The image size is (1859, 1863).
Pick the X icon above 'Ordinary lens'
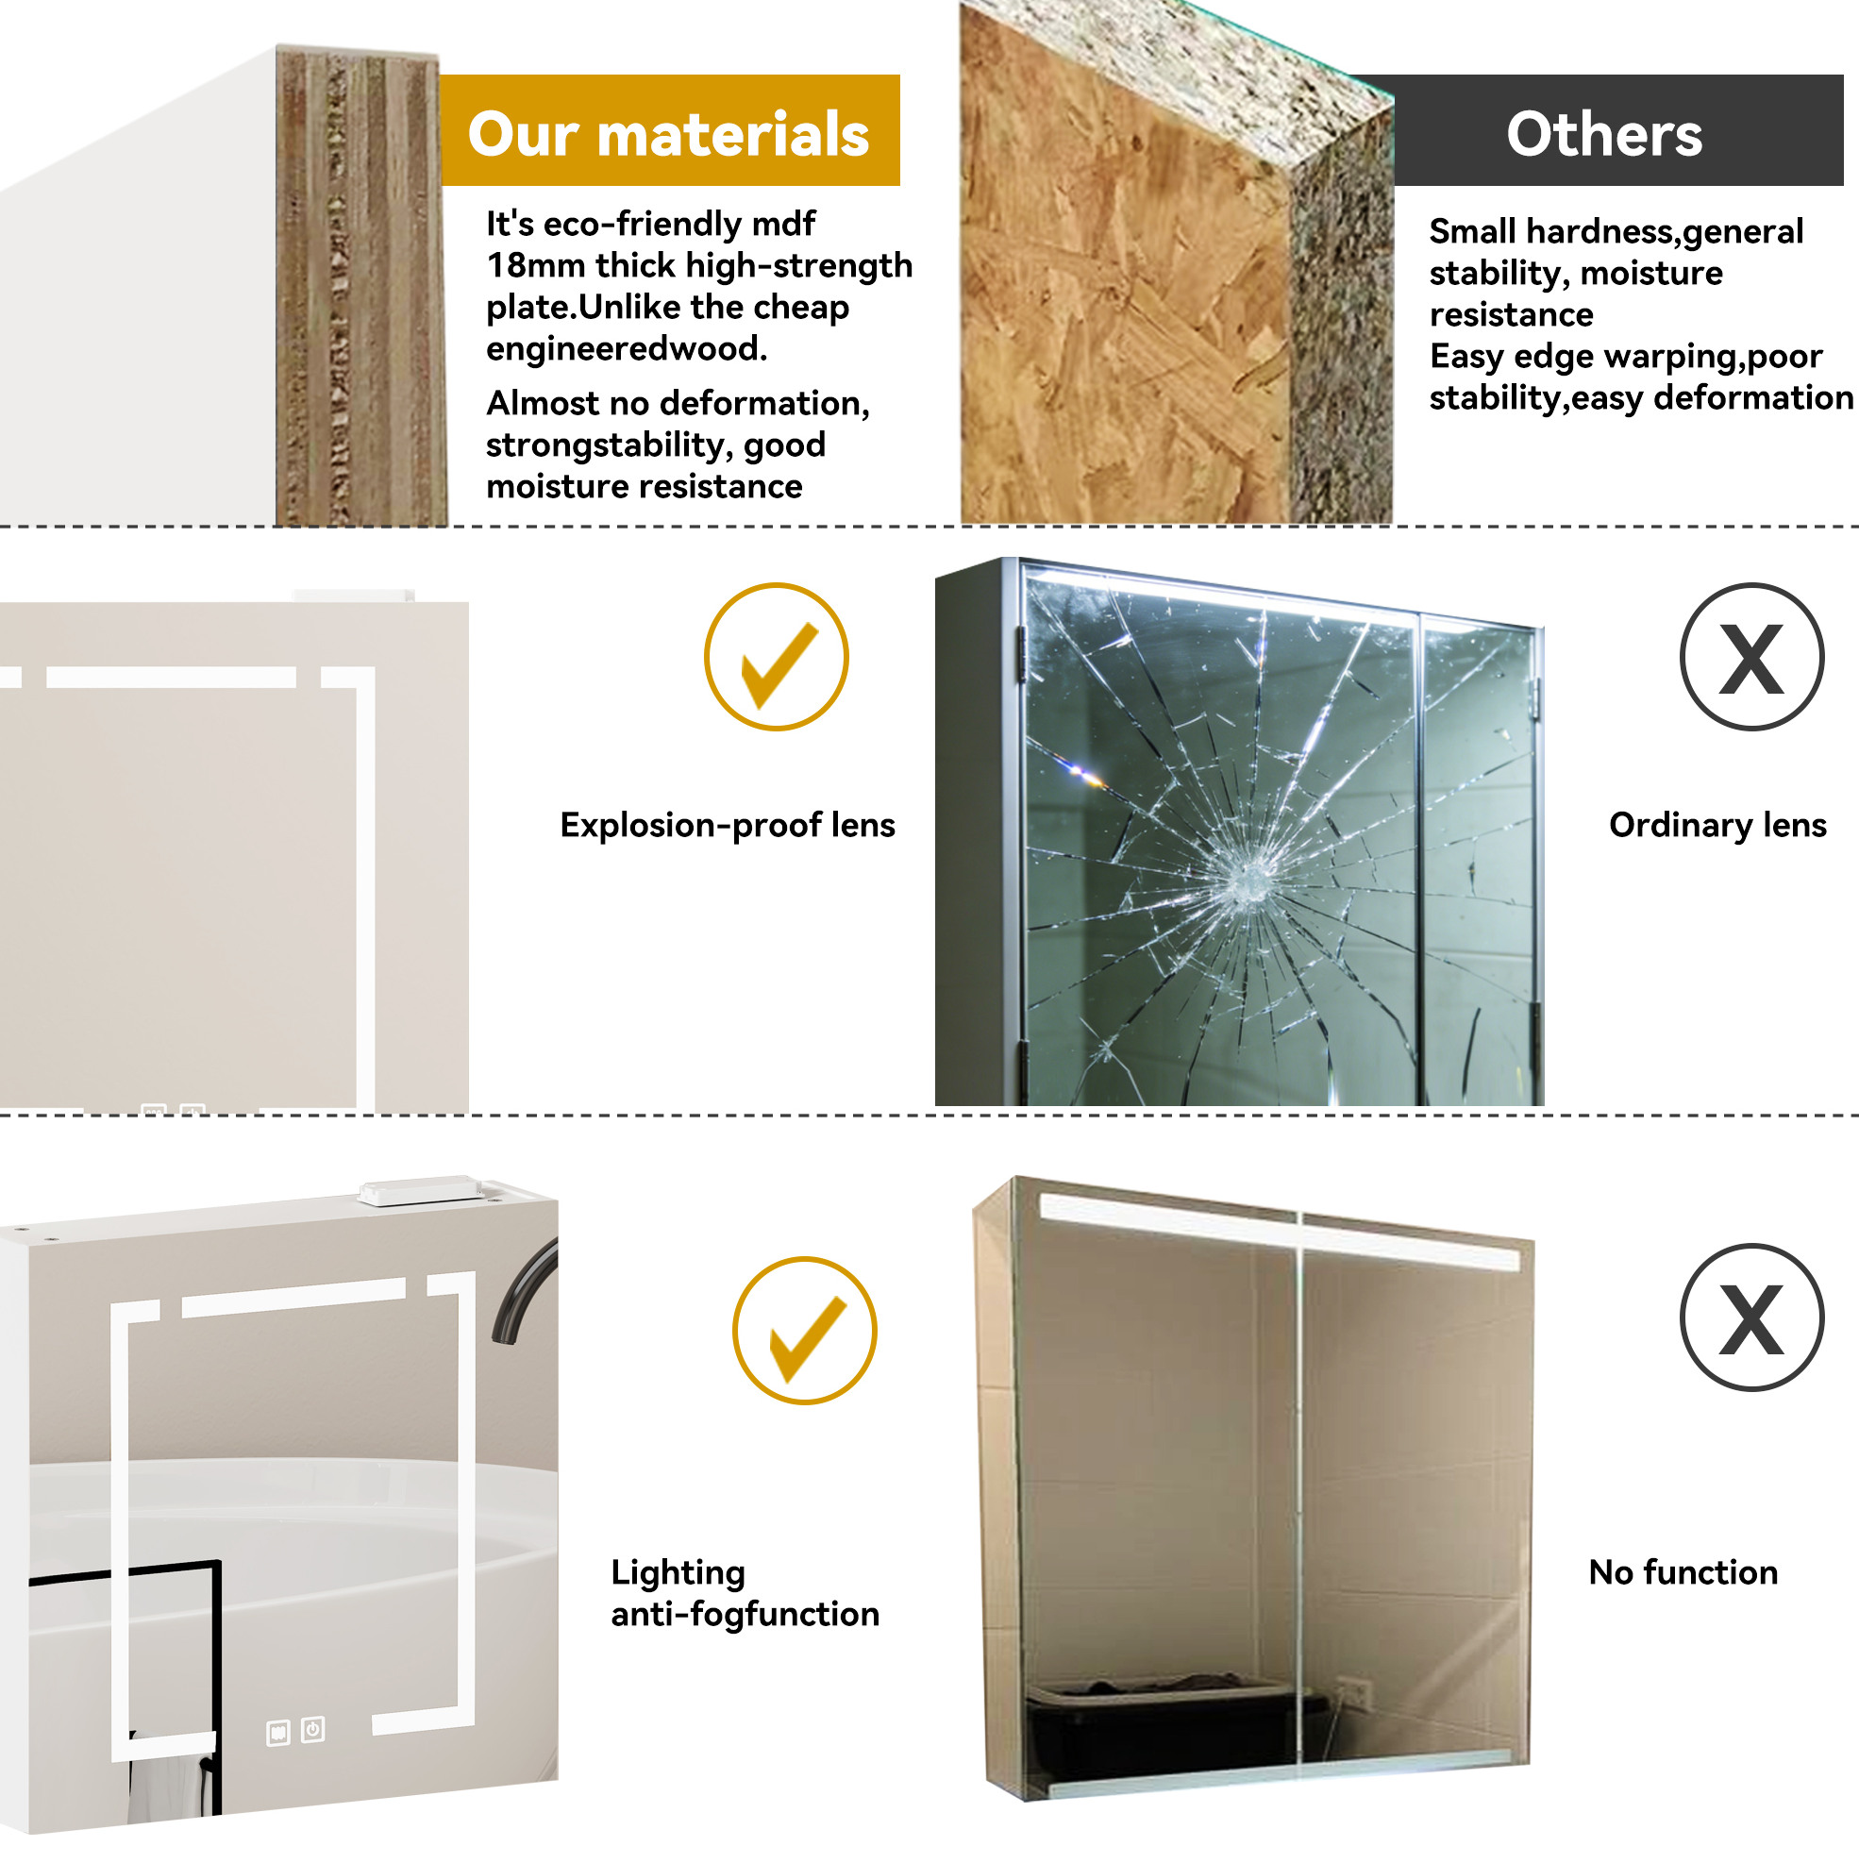point(1752,657)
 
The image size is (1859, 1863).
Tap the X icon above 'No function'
point(1752,1318)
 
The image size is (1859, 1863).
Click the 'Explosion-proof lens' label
point(728,826)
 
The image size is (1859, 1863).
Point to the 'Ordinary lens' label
point(1717,826)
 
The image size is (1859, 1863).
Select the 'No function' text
point(1683,1572)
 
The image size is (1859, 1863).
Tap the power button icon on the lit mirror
point(312,1730)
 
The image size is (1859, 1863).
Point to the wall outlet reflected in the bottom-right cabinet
point(1353,1690)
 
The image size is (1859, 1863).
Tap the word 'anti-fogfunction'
point(745,1614)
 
